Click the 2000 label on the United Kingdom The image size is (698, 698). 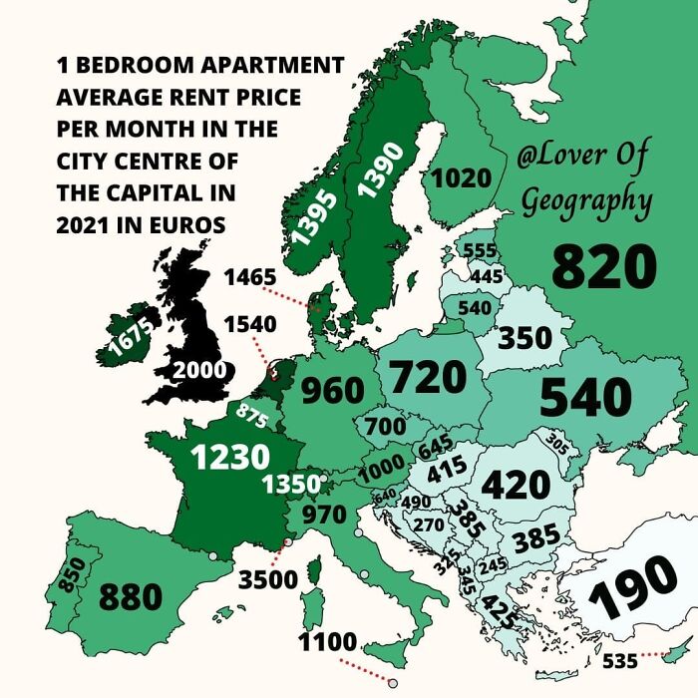point(199,370)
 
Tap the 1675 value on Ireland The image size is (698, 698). point(130,337)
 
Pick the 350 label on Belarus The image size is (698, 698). point(524,337)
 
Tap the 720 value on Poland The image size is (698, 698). point(428,378)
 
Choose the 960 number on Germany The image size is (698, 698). point(332,390)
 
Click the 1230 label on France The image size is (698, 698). point(231,456)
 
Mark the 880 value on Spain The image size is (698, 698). point(130,597)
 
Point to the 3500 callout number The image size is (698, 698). point(268,579)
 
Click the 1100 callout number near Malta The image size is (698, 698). point(329,642)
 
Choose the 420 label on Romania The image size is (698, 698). point(516,485)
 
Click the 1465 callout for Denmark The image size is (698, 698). point(248,277)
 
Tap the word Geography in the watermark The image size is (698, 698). point(587,200)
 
